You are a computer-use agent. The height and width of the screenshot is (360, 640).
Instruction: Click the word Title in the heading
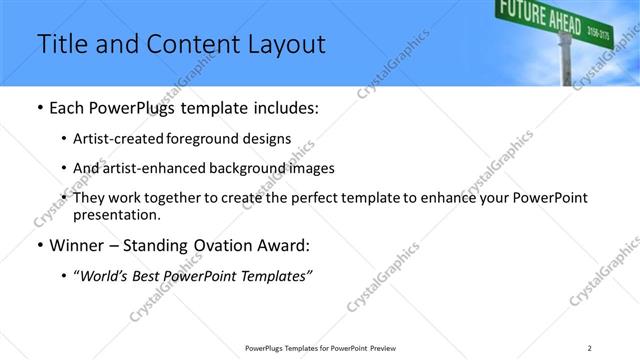coord(59,45)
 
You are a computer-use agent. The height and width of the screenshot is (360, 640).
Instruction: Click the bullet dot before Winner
coord(39,246)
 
